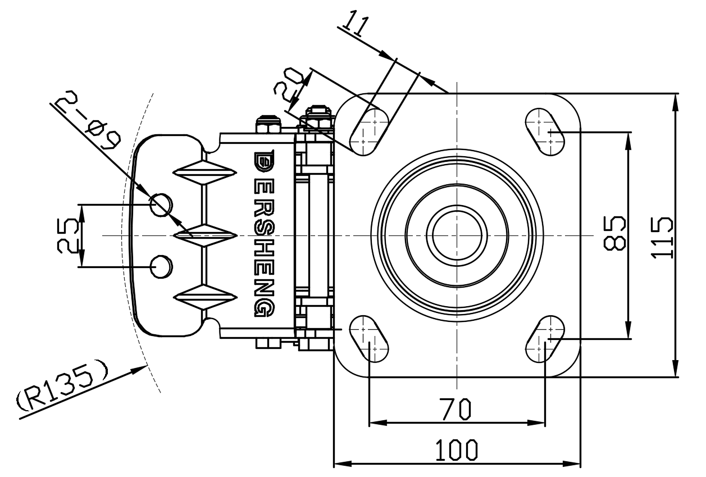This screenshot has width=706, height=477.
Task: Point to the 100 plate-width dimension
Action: pyautogui.click(x=457, y=450)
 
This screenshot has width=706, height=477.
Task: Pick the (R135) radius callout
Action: pyautogui.click(x=62, y=388)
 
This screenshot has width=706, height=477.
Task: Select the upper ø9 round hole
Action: pyautogui.click(x=161, y=203)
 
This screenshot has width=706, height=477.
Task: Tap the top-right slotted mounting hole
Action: pyautogui.click(x=544, y=130)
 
